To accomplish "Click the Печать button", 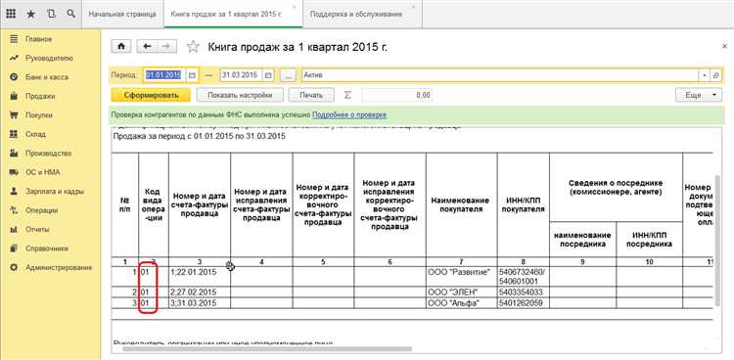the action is click(311, 95).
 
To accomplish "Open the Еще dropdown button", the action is click(698, 95).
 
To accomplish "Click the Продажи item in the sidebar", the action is click(40, 96).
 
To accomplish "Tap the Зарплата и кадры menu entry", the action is click(55, 191).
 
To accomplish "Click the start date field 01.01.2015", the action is click(163, 74).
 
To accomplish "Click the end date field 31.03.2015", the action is click(241, 74).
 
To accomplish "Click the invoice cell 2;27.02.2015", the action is click(192, 292).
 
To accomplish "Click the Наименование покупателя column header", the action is click(461, 204).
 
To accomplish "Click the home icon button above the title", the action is click(121, 45).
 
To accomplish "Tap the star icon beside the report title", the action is click(193, 46).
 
